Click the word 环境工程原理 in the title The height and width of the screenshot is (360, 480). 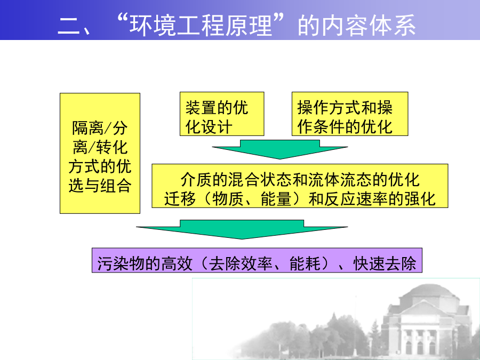201,25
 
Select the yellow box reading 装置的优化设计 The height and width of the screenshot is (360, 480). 222,114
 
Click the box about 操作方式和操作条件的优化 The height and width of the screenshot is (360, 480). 350,114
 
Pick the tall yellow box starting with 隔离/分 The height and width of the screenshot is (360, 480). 100,153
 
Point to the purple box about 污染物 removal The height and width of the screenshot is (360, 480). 257,260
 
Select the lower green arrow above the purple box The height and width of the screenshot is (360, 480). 242,229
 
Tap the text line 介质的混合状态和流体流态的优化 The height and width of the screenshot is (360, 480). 300,180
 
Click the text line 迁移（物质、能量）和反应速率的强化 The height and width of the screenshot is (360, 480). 300,199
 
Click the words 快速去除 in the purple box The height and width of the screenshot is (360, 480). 385,263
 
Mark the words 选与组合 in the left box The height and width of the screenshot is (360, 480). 100,186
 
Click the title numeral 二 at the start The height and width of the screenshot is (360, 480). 67,26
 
